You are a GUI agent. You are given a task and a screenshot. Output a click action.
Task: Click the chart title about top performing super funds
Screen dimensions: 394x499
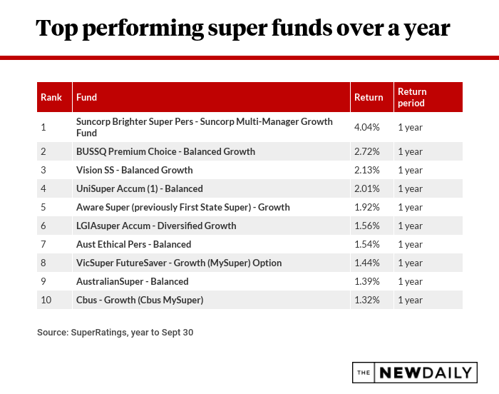coord(242,28)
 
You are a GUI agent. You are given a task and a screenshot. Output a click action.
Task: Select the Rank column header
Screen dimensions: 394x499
coord(51,97)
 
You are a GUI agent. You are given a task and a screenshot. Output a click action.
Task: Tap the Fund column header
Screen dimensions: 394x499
coord(87,97)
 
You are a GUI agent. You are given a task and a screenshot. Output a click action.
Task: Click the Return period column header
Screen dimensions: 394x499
coord(412,97)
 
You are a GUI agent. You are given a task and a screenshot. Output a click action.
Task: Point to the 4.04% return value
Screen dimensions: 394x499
coord(367,127)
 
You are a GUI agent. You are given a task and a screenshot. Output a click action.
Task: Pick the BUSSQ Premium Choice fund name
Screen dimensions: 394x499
coord(165,151)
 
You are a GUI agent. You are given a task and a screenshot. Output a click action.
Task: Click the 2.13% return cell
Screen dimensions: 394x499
coord(367,170)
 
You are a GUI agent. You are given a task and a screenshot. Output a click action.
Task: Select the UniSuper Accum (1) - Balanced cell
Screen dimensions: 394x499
coord(140,188)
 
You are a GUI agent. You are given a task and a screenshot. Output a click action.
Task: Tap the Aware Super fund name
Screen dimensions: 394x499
coord(183,207)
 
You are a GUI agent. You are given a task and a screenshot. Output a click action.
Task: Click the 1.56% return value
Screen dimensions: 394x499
coord(367,226)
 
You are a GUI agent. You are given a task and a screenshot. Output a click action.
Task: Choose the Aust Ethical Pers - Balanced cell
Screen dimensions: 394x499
coord(133,244)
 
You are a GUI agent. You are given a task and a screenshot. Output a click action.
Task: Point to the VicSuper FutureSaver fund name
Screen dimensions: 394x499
coord(179,263)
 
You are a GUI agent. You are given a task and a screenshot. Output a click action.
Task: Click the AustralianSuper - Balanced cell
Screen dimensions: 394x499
coord(133,281)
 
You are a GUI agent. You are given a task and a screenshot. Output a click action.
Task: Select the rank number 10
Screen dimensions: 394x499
coord(46,300)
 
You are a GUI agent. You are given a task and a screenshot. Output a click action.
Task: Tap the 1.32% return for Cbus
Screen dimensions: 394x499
coord(367,300)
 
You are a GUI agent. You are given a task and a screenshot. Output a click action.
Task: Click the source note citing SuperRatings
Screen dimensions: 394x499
coord(115,332)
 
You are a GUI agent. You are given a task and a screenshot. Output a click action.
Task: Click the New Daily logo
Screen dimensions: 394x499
coord(413,373)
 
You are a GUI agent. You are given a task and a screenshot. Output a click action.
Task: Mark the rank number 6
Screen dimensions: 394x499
coord(43,226)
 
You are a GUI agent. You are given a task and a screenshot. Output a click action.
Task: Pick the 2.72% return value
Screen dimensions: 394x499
coord(367,151)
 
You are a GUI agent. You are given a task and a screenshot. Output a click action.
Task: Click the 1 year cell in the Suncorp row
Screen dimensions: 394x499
coord(410,127)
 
